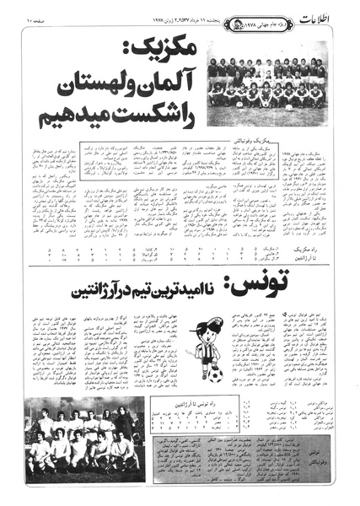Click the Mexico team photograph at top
pos(266,83)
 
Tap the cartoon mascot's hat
pos(205,322)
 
